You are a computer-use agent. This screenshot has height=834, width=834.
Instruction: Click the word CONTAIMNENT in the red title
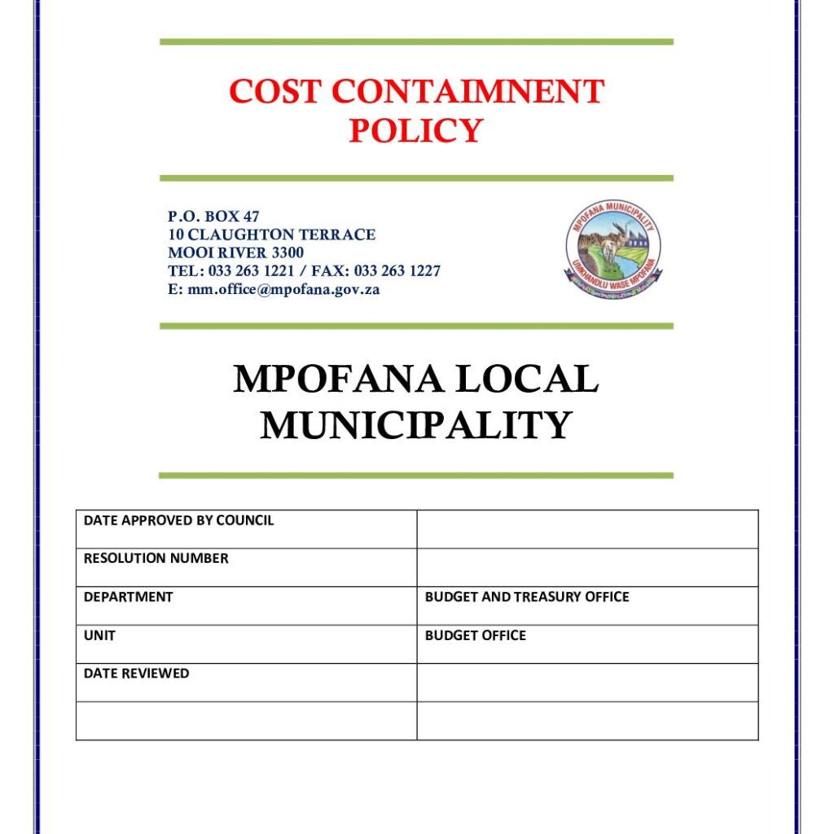tap(467, 92)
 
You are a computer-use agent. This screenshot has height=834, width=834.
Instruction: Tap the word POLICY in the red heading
tap(416, 130)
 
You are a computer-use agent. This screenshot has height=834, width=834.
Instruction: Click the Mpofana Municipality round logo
tap(612, 249)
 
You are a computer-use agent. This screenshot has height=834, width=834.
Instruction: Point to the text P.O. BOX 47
tap(213, 217)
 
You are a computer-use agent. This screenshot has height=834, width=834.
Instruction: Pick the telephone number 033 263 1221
tap(251, 271)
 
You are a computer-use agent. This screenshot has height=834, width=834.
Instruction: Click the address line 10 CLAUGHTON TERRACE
tap(271, 235)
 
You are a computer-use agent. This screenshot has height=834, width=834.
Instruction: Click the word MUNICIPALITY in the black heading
tap(416, 425)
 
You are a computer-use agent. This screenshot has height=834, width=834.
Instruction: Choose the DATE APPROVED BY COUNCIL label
tap(178, 520)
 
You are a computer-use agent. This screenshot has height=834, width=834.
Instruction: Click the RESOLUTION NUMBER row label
tap(156, 559)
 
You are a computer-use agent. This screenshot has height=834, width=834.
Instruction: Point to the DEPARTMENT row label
tap(128, 597)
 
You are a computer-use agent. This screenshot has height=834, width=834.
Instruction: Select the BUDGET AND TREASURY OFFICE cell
tap(527, 597)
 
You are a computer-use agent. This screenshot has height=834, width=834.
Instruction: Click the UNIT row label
tap(99, 635)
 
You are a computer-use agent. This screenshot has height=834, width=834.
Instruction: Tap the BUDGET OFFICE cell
tap(476, 635)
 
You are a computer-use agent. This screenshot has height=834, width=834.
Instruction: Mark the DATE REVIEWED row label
tap(136, 674)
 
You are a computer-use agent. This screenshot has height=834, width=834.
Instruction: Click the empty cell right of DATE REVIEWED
tap(587, 683)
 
